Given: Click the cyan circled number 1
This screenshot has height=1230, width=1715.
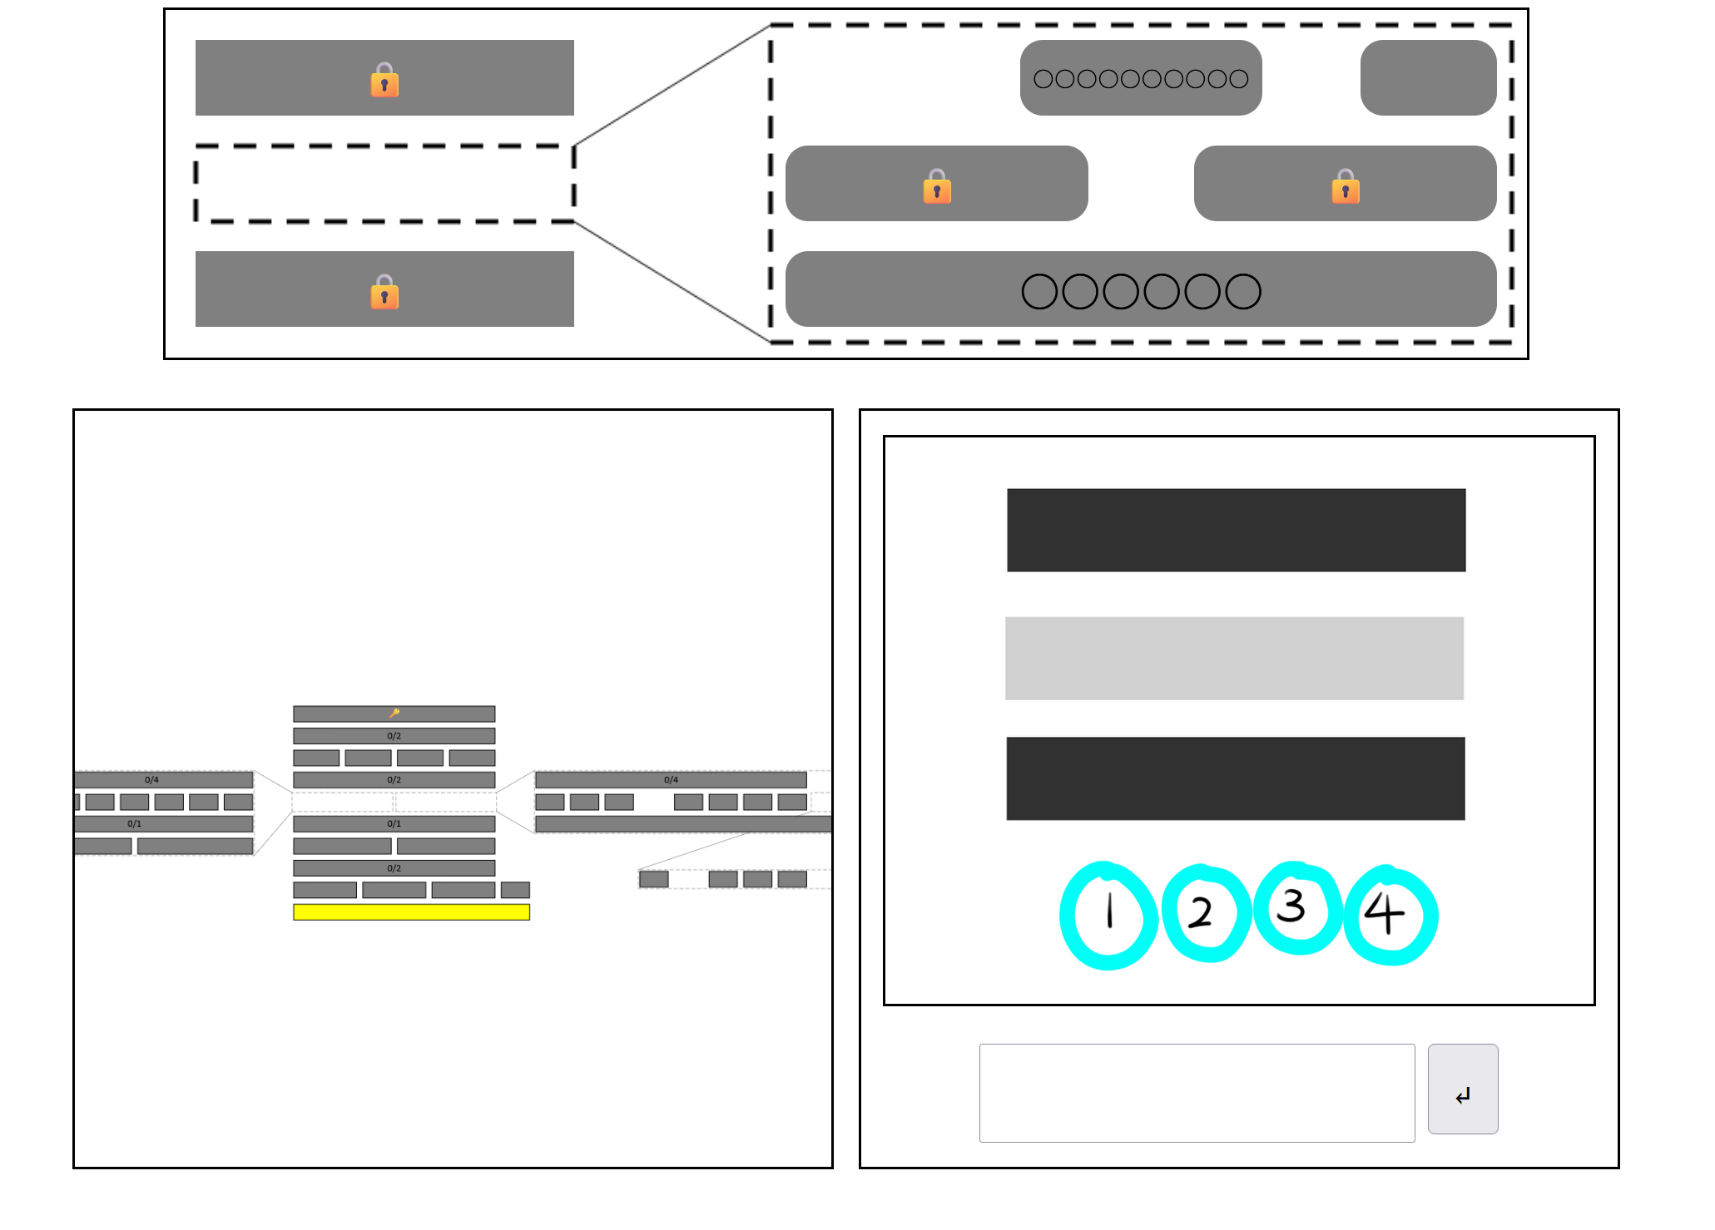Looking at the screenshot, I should click(1108, 915).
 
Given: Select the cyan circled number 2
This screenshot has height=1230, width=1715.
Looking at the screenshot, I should click(1206, 913).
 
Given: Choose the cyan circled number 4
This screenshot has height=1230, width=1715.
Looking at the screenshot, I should click(1390, 915).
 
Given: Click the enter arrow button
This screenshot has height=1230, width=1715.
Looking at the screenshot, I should click(1462, 1089).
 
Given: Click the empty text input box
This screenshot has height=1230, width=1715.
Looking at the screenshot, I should click(1196, 1092).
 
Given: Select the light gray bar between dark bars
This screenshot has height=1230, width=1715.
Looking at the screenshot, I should click(1234, 658).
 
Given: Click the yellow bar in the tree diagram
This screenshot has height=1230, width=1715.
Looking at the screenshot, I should click(411, 911).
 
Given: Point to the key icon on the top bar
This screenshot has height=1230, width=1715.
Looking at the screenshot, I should click(394, 713).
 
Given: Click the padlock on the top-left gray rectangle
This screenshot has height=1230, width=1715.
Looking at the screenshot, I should click(384, 80).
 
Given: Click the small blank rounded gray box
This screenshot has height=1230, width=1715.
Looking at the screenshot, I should click(1428, 77).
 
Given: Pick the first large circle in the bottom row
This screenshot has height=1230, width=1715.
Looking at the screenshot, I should click(1039, 291).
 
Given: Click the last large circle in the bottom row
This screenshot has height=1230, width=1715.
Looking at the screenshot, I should click(1243, 291).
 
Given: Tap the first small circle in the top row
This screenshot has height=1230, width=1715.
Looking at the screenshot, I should click(1043, 79).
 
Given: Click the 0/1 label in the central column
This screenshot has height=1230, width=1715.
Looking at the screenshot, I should click(394, 823).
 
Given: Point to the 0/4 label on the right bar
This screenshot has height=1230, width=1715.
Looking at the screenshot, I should click(671, 779).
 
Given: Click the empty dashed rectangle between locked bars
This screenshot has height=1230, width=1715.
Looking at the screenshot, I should click(384, 184).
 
